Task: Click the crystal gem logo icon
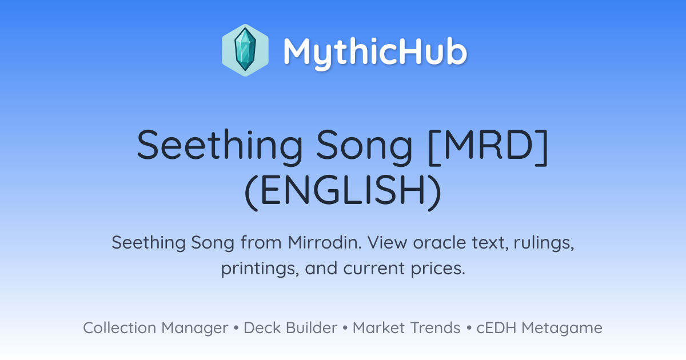tap(245, 50)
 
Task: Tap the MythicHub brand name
tap(375, 53)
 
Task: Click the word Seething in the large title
tap(220, 146)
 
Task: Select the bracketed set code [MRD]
tap(488, 145)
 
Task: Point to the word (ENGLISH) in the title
tap(343, 191)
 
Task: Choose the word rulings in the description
tap(544, 243)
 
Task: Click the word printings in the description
tap(260, 269)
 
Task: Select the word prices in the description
tap(438, 269)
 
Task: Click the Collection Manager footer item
tap(155, 328)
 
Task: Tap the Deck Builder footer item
tap(290, 328)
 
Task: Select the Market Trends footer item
tap(406, 328)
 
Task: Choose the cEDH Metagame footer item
tap(539, 328)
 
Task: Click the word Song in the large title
tap(364, 146)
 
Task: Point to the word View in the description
tap(388, 242)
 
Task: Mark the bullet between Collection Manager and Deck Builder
tap(236, 328)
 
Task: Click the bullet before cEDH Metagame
tap(469, 328)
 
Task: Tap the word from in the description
tap(261, 242)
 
